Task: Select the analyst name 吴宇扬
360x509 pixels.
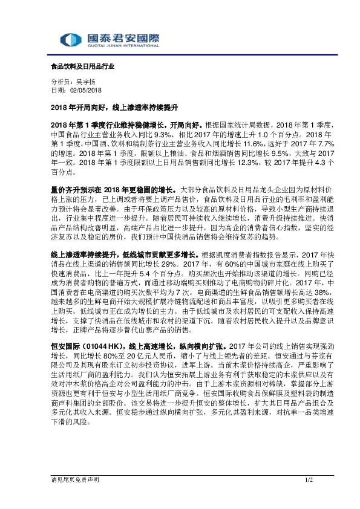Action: point(85,82)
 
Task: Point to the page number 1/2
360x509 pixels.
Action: point(307,479)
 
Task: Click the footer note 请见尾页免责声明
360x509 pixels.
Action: point(74,479)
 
